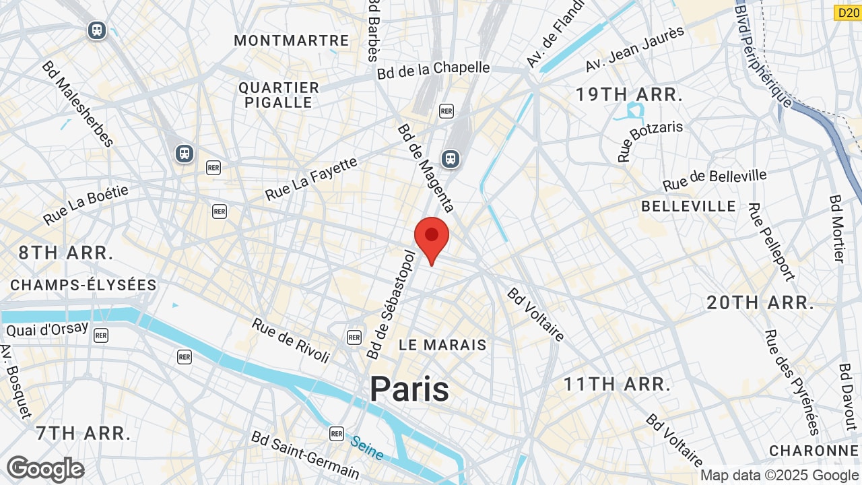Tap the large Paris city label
tap(409, 389)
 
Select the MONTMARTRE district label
tap(292, 40)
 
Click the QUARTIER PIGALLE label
tap(279, 95)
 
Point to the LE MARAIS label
tap(442, 345)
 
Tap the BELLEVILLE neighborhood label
tap(689, 206)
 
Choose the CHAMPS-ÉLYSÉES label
tap(84, 285)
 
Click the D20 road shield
tap(847, 13)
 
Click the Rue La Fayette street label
tap(311, 179)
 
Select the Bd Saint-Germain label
tap(305, 455)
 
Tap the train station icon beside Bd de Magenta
tap(450, 159)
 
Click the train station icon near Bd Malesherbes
tap(185, 154)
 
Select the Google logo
tap(46, 469)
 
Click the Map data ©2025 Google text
tap(779, 476)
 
